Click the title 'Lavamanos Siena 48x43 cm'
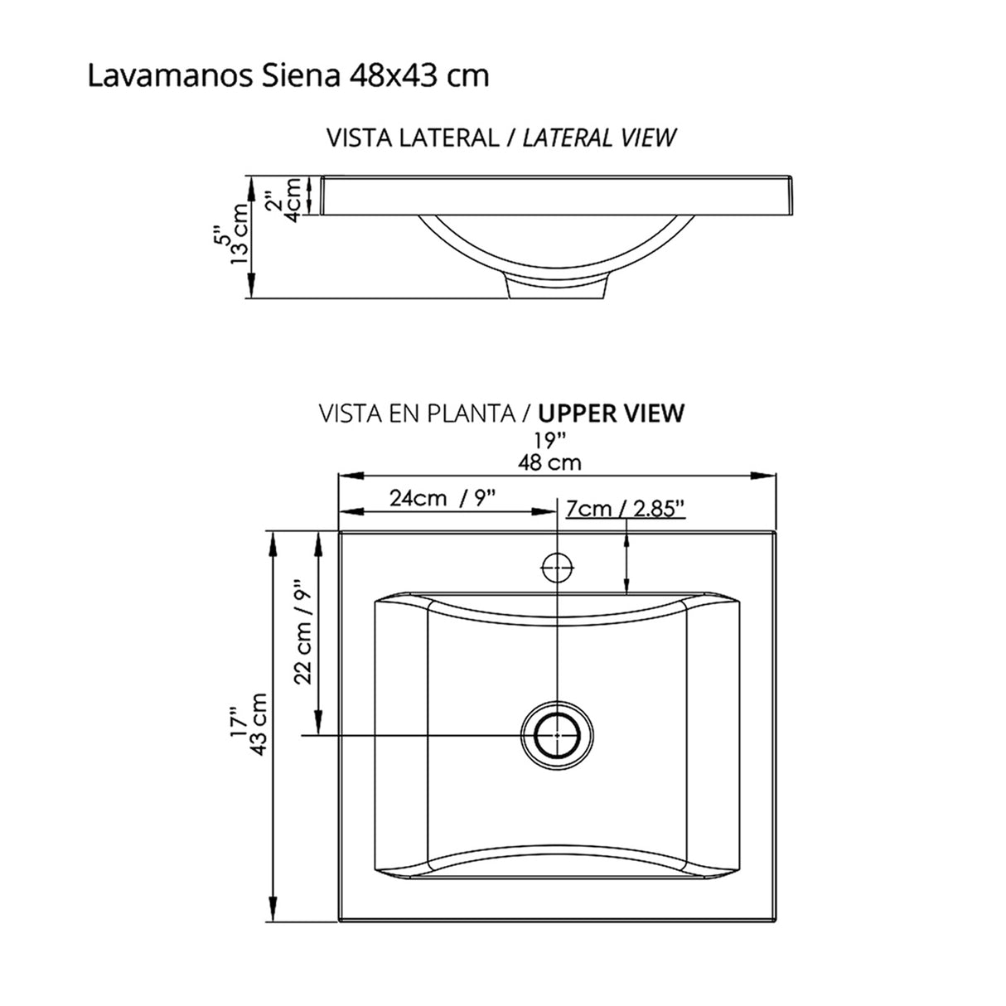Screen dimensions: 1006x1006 [288, 76]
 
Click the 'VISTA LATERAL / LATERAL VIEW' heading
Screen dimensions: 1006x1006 [501, 138]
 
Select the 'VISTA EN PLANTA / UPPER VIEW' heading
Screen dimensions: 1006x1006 [501, 413]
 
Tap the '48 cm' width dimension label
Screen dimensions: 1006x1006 [549, 462]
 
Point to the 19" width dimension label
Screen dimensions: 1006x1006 [549, 439]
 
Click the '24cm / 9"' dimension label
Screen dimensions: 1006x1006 [443, 498]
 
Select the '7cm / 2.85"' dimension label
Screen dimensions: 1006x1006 [625, 507]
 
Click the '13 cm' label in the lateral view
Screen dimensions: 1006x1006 [240, 234]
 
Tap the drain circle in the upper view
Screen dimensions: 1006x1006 [557, 734]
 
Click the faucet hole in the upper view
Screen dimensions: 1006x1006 [557, 568]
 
